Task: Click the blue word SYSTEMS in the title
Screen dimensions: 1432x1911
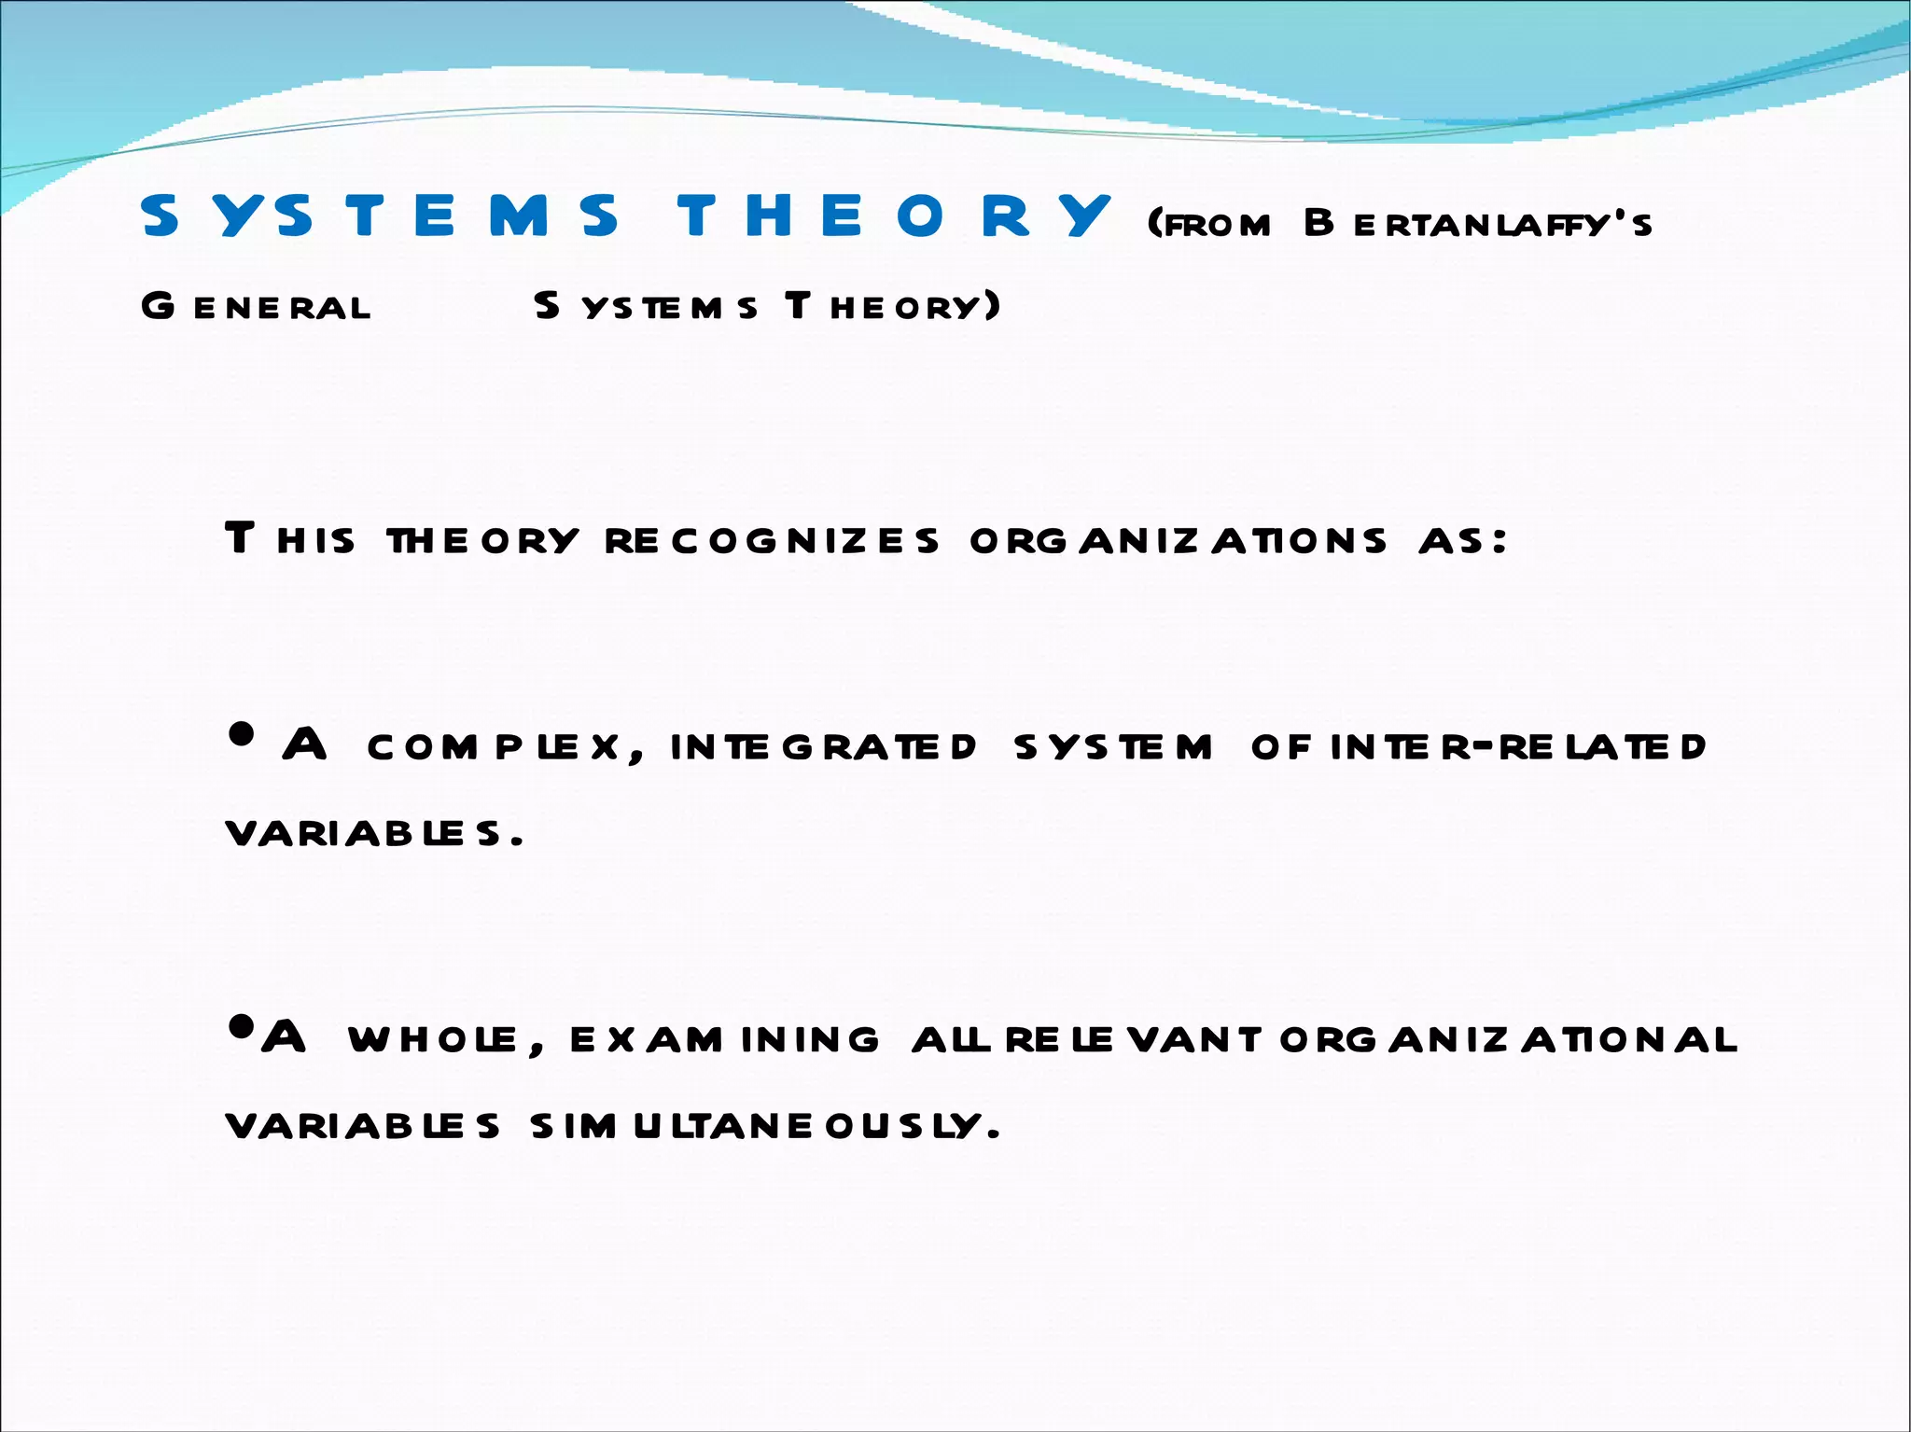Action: (379, 215)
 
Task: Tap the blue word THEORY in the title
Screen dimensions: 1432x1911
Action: (894, 215)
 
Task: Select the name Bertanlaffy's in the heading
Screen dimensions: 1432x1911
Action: (1478, 224)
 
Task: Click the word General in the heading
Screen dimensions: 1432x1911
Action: (256, 306)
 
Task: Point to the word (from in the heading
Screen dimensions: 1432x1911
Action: (1209, 224)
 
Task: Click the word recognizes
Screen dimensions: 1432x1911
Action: (771, 540)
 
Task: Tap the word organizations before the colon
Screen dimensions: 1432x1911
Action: (1179, 540)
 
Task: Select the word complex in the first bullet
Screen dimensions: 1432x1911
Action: (495, 746)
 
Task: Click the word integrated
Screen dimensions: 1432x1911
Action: (823, 746)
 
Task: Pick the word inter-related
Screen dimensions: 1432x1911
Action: (1518, 746)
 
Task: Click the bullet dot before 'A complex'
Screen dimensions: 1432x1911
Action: (241, 734)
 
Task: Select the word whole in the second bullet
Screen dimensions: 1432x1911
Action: (434, 1039)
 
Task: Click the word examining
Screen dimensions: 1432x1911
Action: (724, 1039)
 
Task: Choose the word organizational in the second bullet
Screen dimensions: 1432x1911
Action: (1508, 1039)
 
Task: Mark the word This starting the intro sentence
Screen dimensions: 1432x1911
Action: (290, 540)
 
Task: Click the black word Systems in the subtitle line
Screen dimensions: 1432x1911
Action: (646, 306)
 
